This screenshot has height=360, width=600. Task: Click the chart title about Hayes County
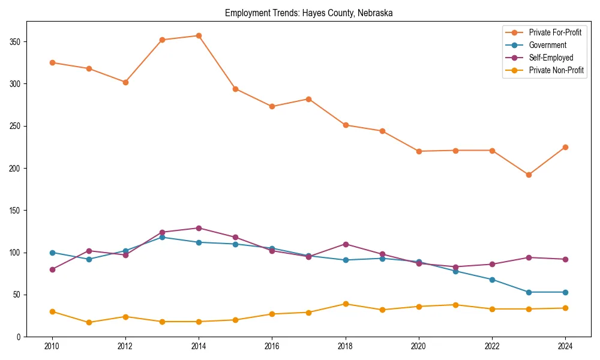(308, 13)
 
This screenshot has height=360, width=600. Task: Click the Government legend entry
(547, 45)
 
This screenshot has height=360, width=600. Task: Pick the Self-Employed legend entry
(551, 58)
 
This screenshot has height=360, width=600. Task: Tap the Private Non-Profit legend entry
(556, 70)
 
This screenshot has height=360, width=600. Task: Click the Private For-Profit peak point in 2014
(199, 35)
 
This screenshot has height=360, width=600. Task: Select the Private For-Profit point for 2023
(529, 175)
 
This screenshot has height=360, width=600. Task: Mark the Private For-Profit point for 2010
(52, 62)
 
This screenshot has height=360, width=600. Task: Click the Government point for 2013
(162, 237)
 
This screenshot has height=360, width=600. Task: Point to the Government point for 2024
(565, 292)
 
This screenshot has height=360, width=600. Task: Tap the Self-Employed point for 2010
(52, 269)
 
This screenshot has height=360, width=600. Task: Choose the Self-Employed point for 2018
(346, 244)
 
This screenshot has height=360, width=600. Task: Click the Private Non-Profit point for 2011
(89, 322)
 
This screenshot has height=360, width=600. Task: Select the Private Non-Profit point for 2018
(346, 304)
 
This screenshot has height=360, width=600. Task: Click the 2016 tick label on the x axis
(272, 347)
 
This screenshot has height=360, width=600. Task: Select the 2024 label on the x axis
(565, 347)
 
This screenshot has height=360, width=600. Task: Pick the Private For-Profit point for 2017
(308, 99)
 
